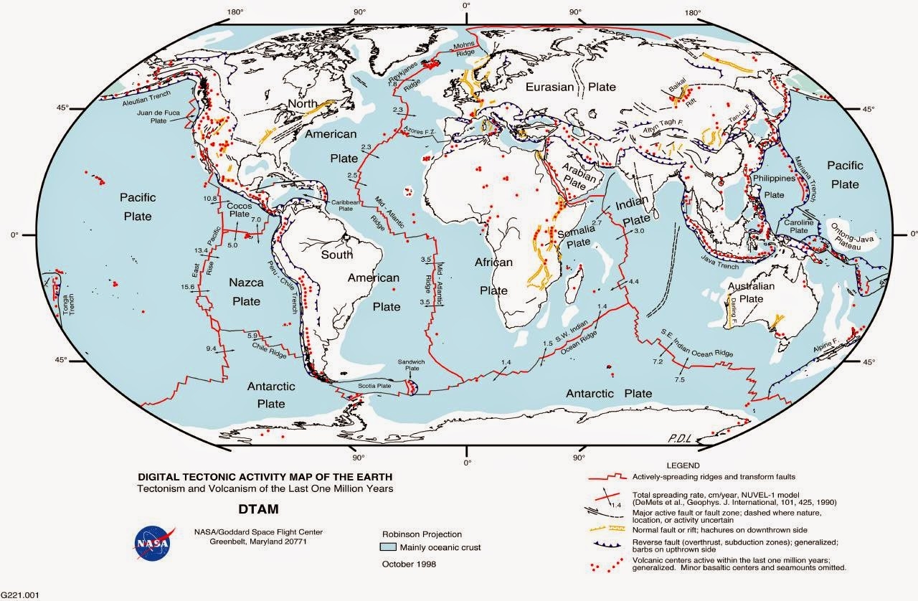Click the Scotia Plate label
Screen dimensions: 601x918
coord(374,386)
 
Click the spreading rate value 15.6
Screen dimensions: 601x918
coord(189,287)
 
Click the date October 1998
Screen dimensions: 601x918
coord(411,564)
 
